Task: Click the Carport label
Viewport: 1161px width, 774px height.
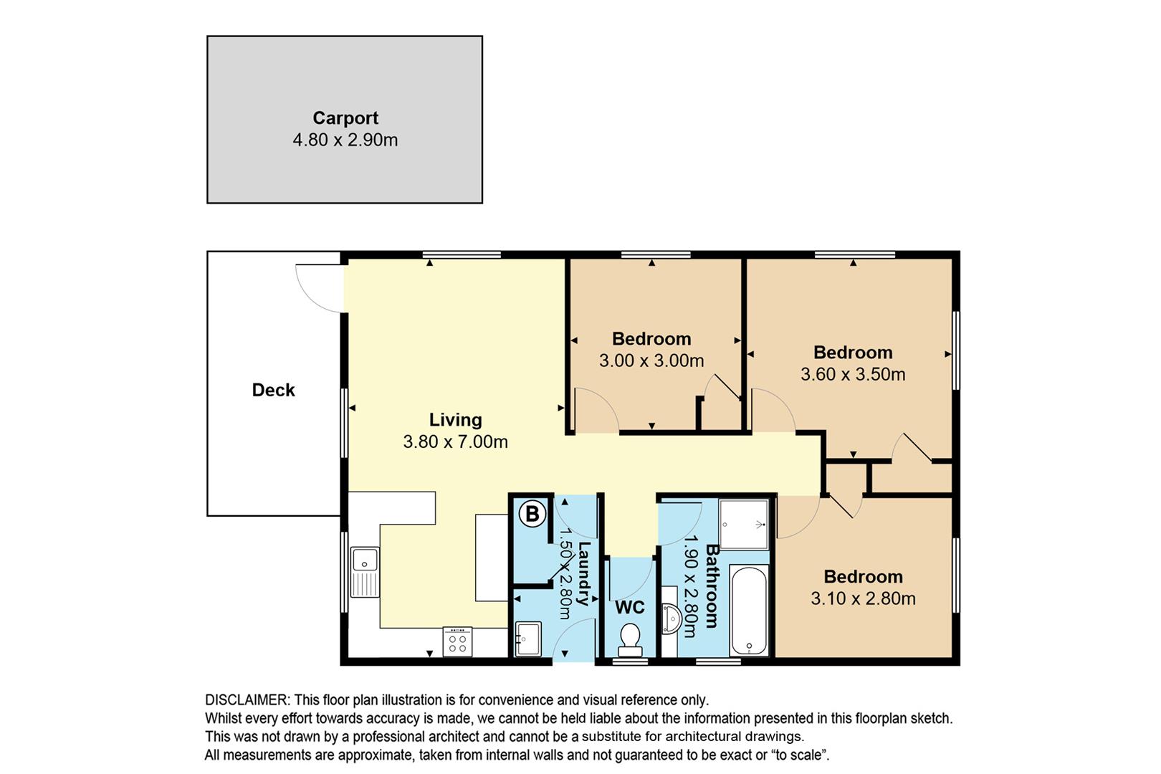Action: (345, 118)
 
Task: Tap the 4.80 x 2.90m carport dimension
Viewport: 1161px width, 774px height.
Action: (345, 140)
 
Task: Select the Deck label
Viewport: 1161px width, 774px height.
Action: (273, 390)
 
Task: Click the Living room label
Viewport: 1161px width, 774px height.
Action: (456, 420)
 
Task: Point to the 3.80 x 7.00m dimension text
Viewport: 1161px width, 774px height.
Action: (456, 441)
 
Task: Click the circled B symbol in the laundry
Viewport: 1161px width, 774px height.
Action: (532, 515)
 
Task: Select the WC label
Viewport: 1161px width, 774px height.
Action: (630, 607)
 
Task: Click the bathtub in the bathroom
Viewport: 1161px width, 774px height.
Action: (749, 611)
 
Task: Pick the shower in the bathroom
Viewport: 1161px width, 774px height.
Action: (743, 524)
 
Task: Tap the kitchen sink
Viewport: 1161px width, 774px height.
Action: (365, 572)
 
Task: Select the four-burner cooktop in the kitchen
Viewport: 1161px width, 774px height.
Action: (457, 642)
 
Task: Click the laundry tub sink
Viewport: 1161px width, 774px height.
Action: (528, 639)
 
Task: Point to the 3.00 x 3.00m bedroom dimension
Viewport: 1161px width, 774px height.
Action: (651, 360)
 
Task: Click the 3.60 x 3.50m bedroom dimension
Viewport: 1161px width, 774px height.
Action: (853, 374)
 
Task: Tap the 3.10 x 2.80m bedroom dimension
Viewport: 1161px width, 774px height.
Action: (864, 598)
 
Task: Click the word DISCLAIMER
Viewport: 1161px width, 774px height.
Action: (247, 700)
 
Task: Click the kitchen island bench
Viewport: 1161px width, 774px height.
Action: (492, 558)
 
